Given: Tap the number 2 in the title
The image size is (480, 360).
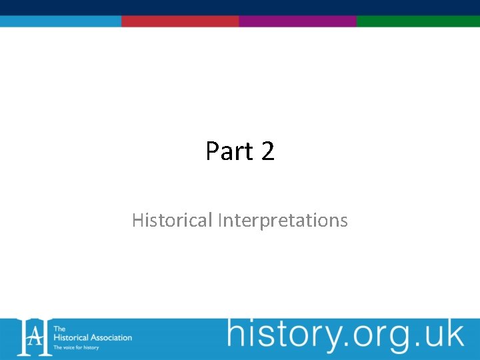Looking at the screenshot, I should tap(267, 151).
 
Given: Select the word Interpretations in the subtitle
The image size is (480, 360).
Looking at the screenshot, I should tap(283, 220).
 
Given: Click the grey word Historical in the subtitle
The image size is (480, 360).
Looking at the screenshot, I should tap(172, 220).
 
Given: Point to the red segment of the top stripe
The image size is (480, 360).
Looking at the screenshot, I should tap(180, 21).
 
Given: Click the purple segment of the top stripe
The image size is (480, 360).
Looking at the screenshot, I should tap(297, 21).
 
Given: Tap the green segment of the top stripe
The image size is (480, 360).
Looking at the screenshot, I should tap(418, 21).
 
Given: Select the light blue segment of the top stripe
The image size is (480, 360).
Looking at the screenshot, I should tap(60, 21).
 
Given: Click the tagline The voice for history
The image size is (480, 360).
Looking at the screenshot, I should tap(76, 347).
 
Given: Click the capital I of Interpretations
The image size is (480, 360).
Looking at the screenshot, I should tap(219, 220).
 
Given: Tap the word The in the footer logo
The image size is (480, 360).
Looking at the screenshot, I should tap(59, 329).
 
